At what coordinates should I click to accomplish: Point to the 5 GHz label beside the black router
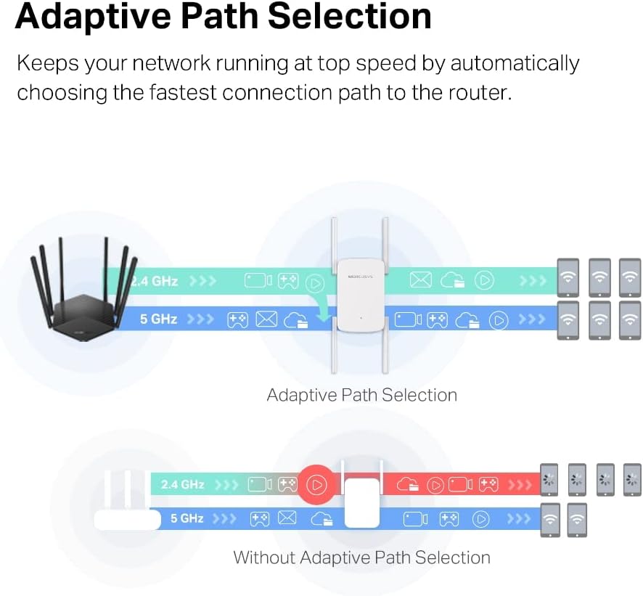coord(159,319)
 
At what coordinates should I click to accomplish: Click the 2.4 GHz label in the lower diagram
coord(183,484)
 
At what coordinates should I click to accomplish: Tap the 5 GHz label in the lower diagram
coord(187,518)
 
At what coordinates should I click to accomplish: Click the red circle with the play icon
coord(317,484)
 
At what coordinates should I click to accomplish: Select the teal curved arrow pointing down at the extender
coord(319,305)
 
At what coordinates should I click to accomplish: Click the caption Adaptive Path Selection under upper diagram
coord(361,396)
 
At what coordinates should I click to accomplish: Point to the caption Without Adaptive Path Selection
coord(361,558)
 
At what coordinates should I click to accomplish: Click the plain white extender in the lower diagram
coord(361,502)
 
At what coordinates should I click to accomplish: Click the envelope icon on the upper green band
coord(420,280)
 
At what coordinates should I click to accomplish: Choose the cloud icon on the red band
coord(408,484)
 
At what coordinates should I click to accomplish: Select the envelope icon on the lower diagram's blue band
coord(287,518)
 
